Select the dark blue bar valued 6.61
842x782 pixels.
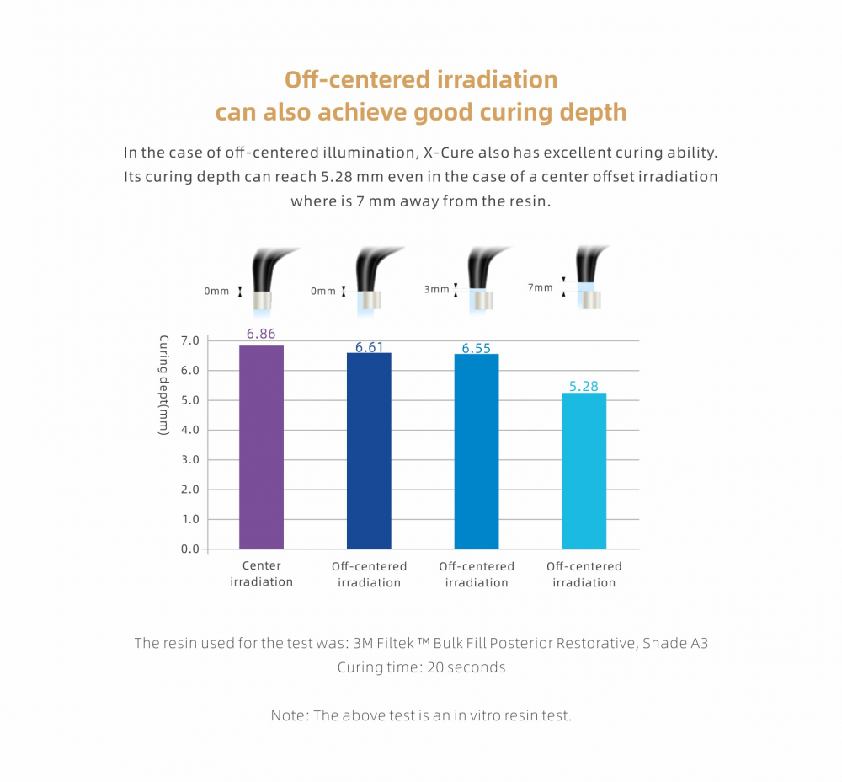369,451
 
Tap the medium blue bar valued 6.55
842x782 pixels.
476,452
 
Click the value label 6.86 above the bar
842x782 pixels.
261,334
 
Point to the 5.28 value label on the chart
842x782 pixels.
584,386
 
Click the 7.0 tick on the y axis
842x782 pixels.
189,340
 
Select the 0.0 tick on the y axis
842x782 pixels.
189,549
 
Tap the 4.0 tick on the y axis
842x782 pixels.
189,430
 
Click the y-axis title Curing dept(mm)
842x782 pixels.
164,385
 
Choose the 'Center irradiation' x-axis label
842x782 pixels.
261,574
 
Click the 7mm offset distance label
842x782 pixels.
541,287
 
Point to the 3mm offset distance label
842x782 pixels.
436,289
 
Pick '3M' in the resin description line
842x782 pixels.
362,643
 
